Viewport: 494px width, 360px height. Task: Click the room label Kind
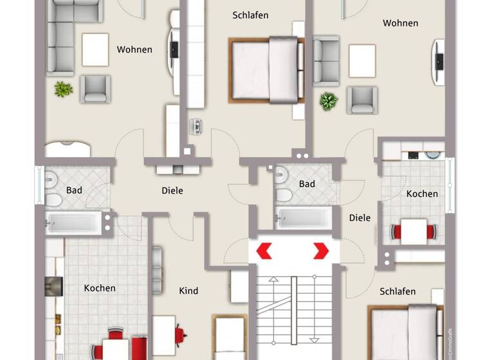(x=188, y=291)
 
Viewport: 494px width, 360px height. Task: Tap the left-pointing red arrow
(x=264, y=251)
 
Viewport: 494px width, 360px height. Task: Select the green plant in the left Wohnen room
(x=63, y=89)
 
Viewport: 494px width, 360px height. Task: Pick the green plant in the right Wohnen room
(x=329, y=101)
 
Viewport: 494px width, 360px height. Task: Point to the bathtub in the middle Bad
(x=304, y=217)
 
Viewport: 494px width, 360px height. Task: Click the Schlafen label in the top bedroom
(x=250, y=15)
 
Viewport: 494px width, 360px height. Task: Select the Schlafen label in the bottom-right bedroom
(x=398, y=291)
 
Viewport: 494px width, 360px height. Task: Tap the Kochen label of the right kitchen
(x=422, y=194)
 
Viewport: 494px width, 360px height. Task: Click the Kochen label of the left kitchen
(x=100, y=288)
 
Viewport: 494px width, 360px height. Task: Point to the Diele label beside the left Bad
(x=172, y=190)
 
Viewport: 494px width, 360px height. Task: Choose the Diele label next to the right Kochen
(x=360, y=217)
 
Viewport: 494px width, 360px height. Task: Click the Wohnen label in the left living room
(x=134, y=50)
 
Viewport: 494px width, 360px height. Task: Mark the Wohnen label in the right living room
(x=400, y=23)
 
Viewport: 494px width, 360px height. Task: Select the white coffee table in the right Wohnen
(x=362, y=60)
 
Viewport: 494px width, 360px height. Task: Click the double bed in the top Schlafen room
(x=266, y=69)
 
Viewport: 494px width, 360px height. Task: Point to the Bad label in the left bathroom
(x=74, y=190)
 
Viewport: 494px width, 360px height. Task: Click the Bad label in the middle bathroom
(x=307, y=184)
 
